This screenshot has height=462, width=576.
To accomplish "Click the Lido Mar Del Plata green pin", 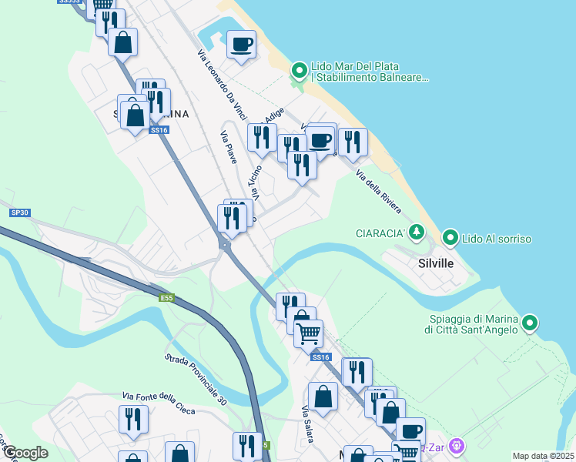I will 300,72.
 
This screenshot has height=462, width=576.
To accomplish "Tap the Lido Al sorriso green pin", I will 450,239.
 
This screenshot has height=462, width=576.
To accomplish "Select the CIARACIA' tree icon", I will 417,232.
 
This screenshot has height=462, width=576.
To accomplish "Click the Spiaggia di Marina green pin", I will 529,323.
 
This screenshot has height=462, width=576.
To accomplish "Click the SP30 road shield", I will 19,213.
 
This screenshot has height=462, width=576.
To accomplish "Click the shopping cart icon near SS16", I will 308,333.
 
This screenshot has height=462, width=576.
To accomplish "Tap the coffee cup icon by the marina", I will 241,44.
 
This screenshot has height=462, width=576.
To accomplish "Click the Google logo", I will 25,453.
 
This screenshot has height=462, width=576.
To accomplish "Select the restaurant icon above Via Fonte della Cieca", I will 133,419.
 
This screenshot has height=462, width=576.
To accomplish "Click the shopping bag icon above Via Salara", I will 323,397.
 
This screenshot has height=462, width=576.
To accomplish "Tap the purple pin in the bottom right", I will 457,445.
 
